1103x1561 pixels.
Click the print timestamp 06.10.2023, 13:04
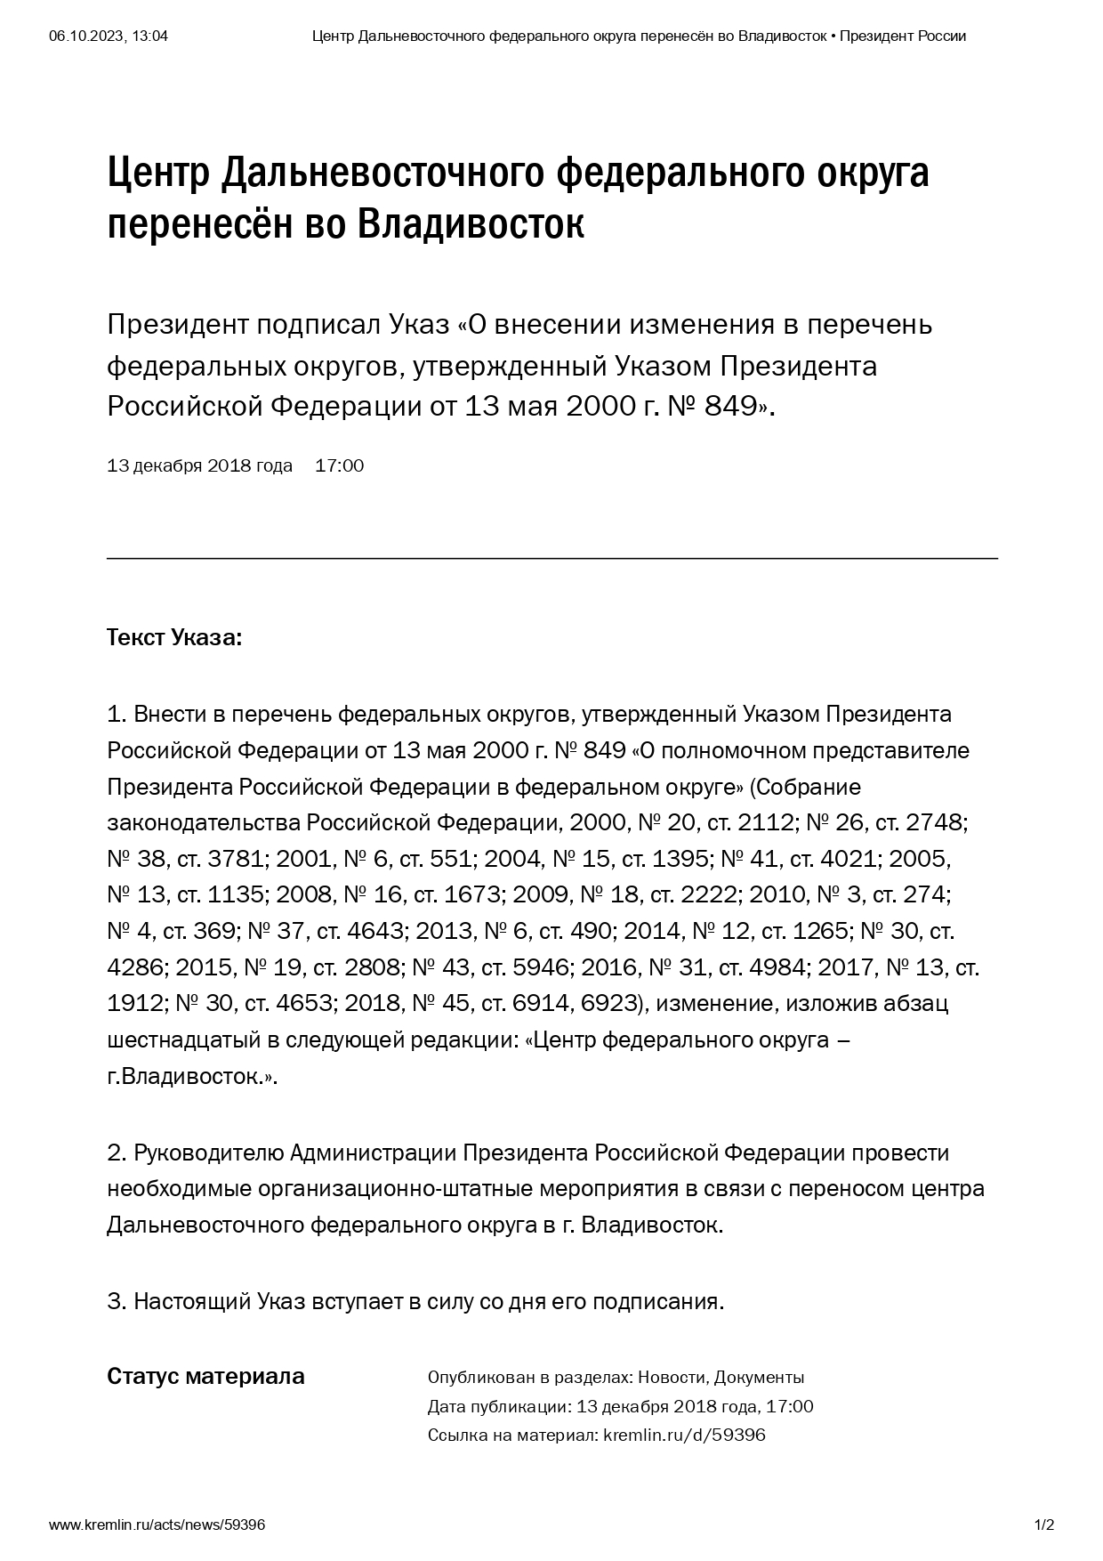(109, 36)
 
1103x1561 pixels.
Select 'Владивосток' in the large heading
(471, 224)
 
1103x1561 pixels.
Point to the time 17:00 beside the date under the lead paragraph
(339, 465)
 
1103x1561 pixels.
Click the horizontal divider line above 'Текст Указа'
(551, 558)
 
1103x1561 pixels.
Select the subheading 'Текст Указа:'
(174, 638)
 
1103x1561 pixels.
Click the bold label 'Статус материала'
(205, 1376)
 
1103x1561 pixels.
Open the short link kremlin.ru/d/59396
(684, 1435)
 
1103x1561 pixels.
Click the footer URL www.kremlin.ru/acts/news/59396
(157, 1525)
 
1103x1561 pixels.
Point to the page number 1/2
(1043, 1525)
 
